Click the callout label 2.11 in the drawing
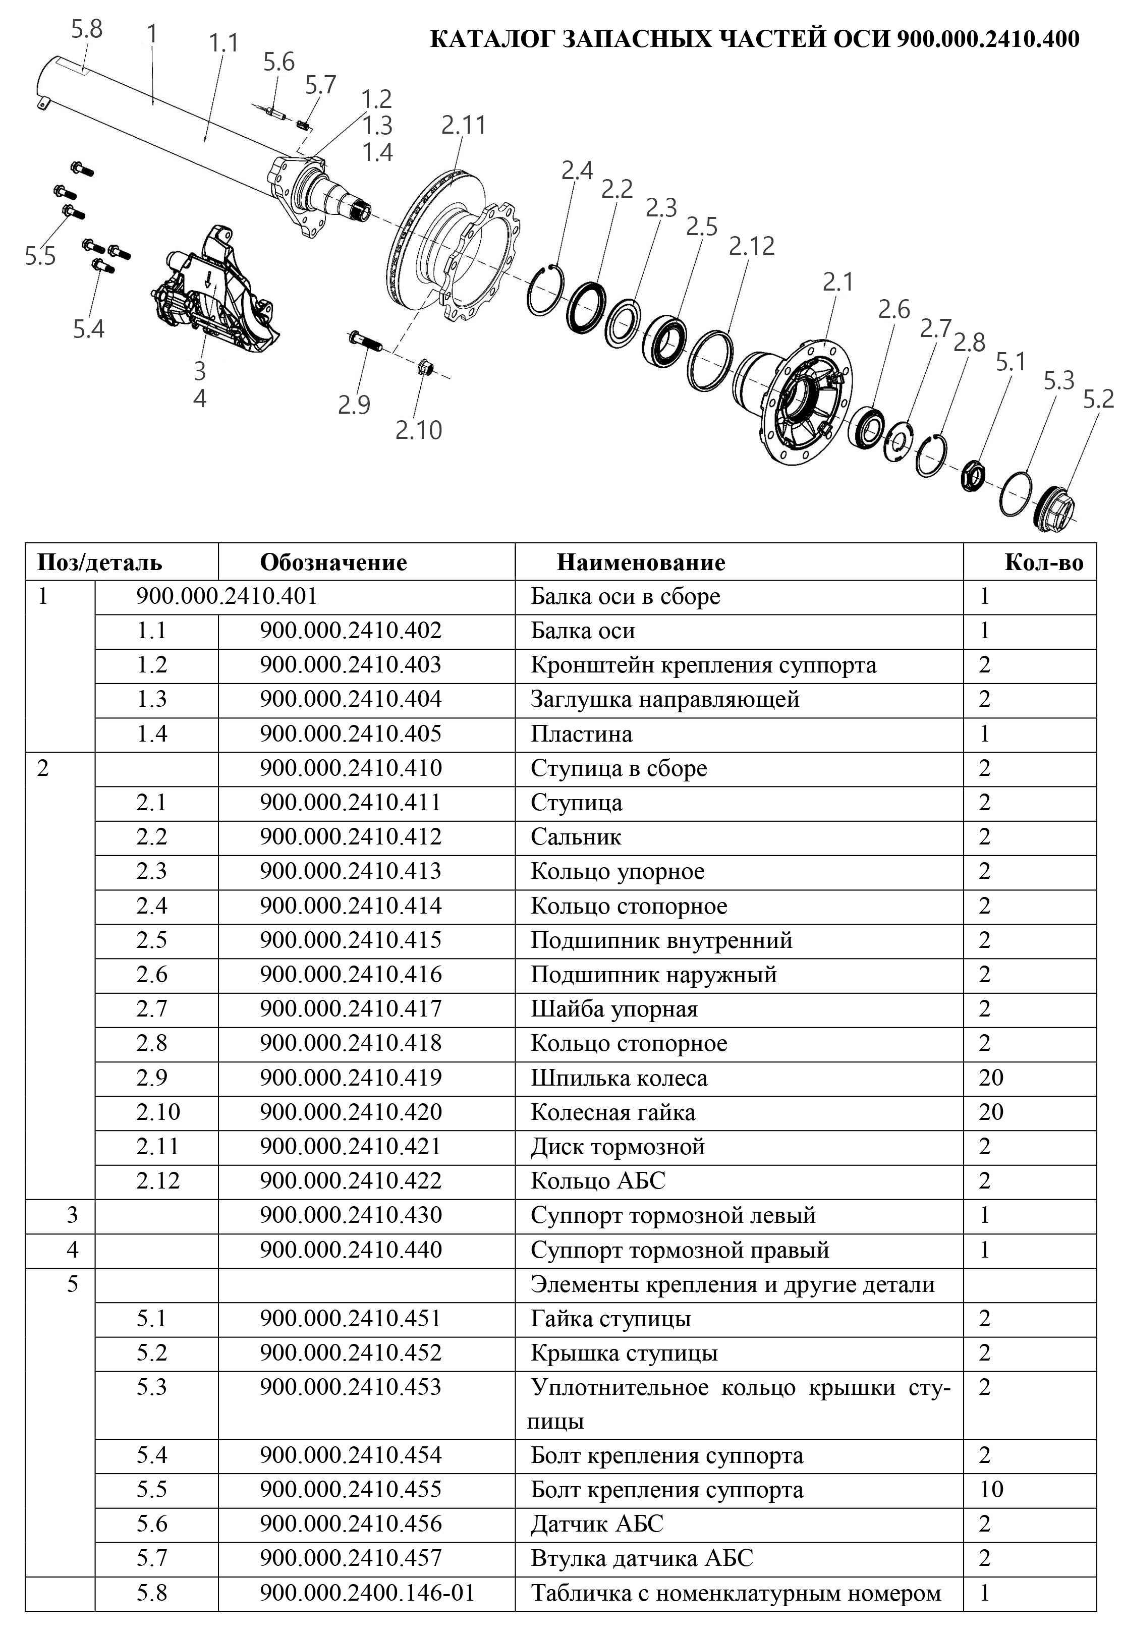point(464,126)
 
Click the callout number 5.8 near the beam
point(87,30)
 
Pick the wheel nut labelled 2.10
point(425,366)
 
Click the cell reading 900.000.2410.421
point(350,1146)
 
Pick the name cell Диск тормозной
point(617,1146)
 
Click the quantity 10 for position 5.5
point(990,1489)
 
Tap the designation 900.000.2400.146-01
point(366,1593)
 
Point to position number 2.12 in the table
point(158,1180)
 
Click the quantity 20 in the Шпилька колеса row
point(990,1078)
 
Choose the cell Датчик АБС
point(597,1523)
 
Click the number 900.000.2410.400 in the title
point(987,39)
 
